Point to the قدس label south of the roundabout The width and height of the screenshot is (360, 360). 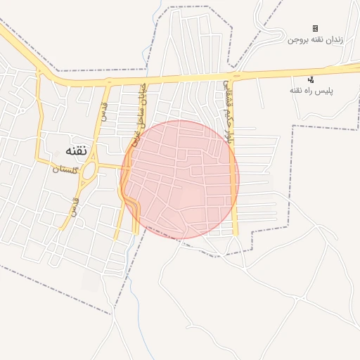(72, 206)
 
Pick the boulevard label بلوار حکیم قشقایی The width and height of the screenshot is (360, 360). (227, 112)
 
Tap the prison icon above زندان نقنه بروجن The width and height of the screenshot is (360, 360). (315, 28)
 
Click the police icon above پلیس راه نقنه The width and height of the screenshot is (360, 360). (311, 79)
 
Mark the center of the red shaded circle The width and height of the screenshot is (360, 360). (180, 179)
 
